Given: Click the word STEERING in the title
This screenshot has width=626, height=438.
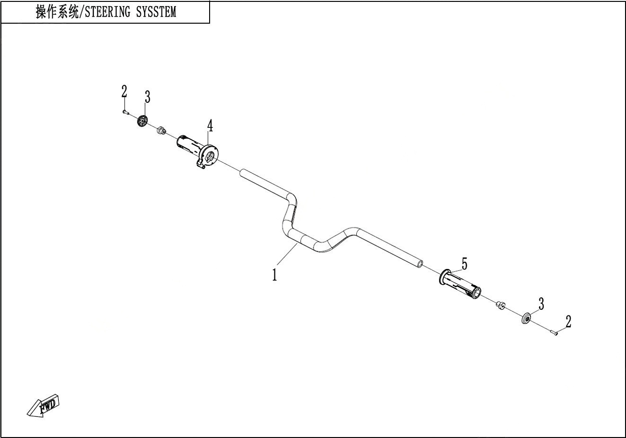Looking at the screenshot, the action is [107, 12].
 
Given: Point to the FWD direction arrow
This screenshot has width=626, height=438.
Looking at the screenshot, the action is [44, 406].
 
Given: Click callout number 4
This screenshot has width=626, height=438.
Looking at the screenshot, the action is [210, 125].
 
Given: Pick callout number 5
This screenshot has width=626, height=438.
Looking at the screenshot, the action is [464, 264].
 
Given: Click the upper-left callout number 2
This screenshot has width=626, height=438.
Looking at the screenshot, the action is [124, 91].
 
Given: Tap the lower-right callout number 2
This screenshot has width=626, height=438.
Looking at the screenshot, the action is [568, 322].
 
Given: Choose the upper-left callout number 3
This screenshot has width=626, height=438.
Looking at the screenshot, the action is [147, 97].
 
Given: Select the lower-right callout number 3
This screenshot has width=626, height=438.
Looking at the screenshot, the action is [541, 304].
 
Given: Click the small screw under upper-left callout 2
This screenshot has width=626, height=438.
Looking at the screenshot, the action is [125, 112].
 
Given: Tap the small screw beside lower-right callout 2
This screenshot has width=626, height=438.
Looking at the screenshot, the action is [554, 332].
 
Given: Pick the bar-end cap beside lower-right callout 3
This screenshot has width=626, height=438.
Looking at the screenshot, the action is [526, 319].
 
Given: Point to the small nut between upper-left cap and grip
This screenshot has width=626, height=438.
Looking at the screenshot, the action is [161, 130].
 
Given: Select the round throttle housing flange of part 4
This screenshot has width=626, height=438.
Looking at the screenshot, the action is [210, 155].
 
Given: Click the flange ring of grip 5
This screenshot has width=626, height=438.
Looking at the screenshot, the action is [444, 277].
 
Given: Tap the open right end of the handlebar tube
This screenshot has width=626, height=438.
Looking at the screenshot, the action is [420, 264].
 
